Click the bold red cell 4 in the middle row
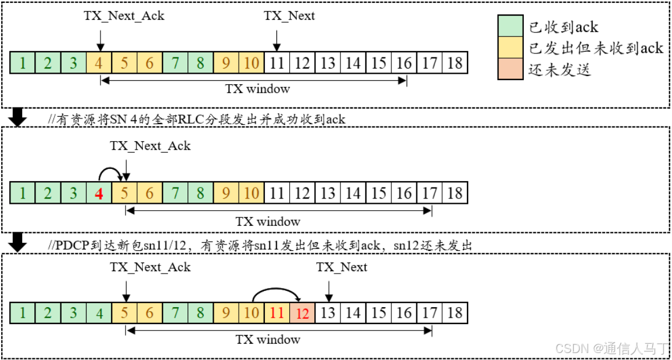tap(99, 193)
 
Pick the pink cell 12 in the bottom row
tap(302, 314)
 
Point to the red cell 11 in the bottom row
tap(276, 314)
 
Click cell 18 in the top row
tap(455, 63)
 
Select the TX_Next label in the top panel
tap(289, 16)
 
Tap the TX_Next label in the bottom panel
tap(342, 267)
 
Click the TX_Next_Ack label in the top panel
tap(124, 16)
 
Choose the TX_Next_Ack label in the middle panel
tap(150, 146)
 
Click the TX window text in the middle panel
tap(268, 221)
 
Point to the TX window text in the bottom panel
tap(268, 339)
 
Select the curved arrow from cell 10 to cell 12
tap(276, 292)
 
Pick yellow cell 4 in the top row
tap(99, 63)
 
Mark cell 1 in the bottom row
tap(23, 314)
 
